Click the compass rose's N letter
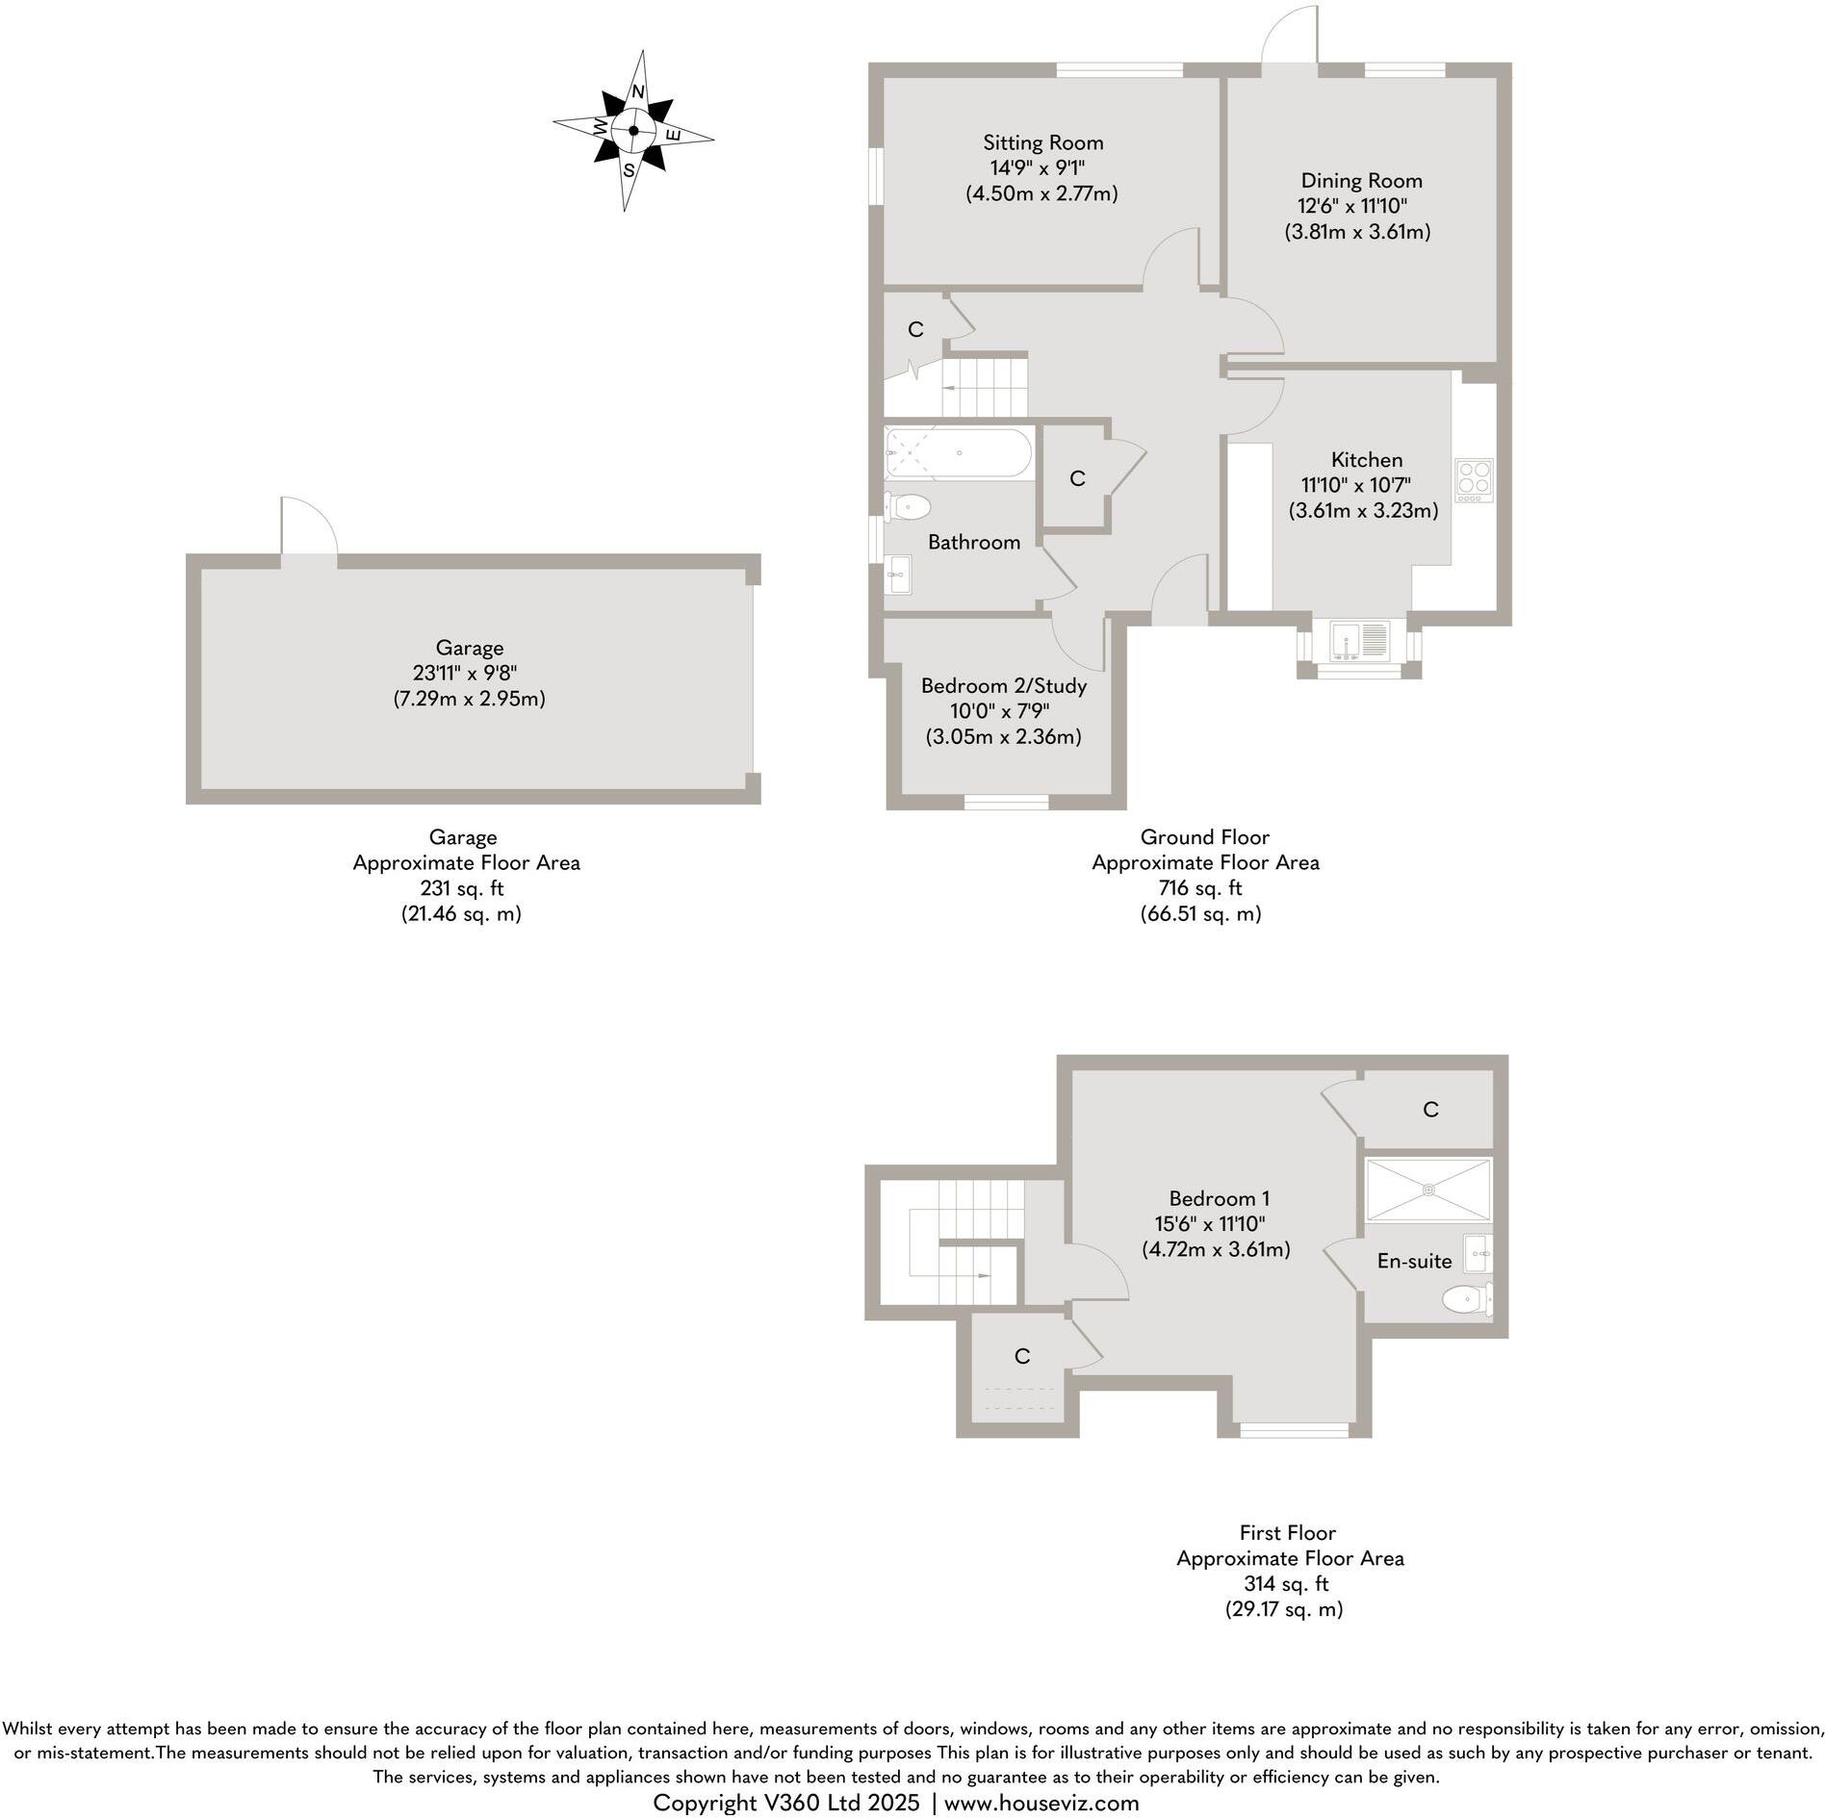(x=637, y=91)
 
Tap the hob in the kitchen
(x=1473, y=479)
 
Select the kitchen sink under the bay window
(x=1359, y=641)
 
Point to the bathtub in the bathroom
(x=959, y=452)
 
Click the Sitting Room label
(x=1042, y=142)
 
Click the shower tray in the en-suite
(x=1428, y=1191)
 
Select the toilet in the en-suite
(x=1466, y=1301)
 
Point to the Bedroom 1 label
(x=1219, y=1198)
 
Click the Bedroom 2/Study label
(x=1003, y=686)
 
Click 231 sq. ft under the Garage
(x=461, y=888)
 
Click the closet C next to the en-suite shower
(x=1429, y=1110)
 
